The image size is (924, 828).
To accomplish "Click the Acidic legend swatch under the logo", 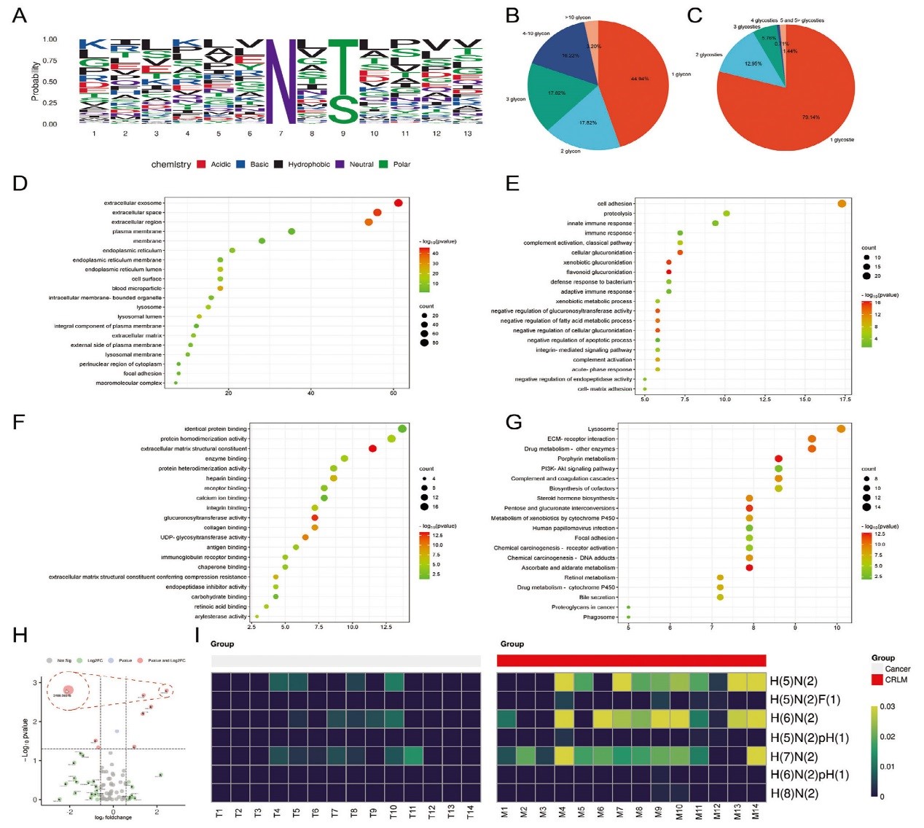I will (201, 165).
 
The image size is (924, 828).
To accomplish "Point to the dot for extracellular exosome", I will (398, 203).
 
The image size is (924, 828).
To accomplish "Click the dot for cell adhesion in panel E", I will (842, 203).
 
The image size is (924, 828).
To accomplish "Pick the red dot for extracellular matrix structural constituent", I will (372, 448).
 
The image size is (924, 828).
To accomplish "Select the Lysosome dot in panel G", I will (841, 429).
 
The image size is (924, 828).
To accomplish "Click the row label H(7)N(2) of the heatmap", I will (794, 757).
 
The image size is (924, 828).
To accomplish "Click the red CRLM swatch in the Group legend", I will (877, 679).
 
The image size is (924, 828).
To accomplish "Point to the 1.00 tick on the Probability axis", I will (50, 39).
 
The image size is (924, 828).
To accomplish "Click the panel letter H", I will (20, 636).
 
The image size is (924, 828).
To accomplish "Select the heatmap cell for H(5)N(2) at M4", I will (563, 681).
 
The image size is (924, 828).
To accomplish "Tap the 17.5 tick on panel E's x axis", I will (845, 399).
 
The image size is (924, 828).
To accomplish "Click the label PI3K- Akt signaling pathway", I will (578, 469).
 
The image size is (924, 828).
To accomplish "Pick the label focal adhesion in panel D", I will (142, 373).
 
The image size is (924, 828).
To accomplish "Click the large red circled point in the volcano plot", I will (68, 690).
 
